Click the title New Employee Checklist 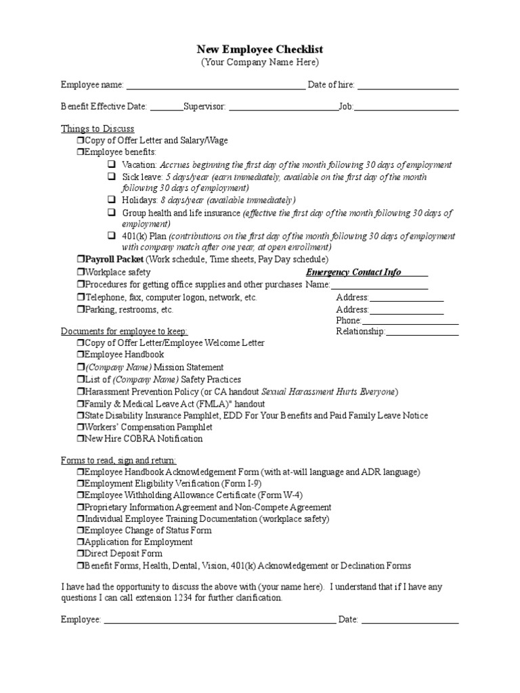pyautogui.click(x=260, y=49)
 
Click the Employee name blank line pyautogui.click(x=215, y=86)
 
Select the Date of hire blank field pyautogui.click(x=408, y=86)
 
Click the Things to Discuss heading pyautogui.click(x=97, y=129)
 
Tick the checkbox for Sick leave pyautogui.click(x=112, y=177)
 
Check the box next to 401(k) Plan pyautogui.click(x=112, y=236)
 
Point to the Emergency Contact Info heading pyautogui.click(x=353, y=272)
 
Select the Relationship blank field pyautogui.click(x=422, y=332)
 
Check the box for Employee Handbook pyautogui.click(x=80, y=355)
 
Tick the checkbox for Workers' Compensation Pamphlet pyautogui.click(x=80, y=427)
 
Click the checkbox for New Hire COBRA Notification pyautogui.click(x=80, y=439)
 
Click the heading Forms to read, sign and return pyautogui.click(x=118, y=460)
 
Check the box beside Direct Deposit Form pyautogui.click(x=80, y=554)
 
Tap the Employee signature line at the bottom pyautogui.click(x=219, y=620)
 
